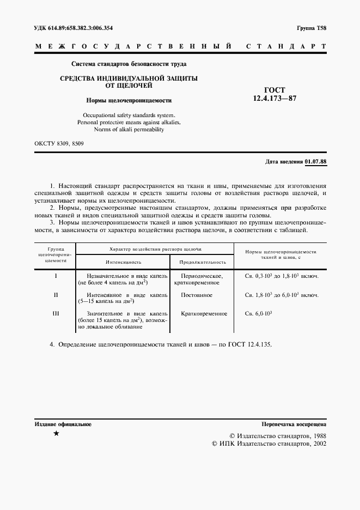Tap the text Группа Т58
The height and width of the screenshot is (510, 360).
pos(312,28)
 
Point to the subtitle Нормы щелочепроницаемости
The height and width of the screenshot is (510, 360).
pos(129,100)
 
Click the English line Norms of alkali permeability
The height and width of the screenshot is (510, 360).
pos(129,130)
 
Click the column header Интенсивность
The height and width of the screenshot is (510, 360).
pos(125,262)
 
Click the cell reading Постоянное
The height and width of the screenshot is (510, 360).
pos(197,295)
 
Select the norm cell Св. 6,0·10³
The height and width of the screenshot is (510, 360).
pos(259,314)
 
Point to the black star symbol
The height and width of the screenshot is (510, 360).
pos(56,434)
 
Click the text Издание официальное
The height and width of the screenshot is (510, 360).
pos(63,424)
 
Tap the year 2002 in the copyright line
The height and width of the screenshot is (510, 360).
pos(316,444)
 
